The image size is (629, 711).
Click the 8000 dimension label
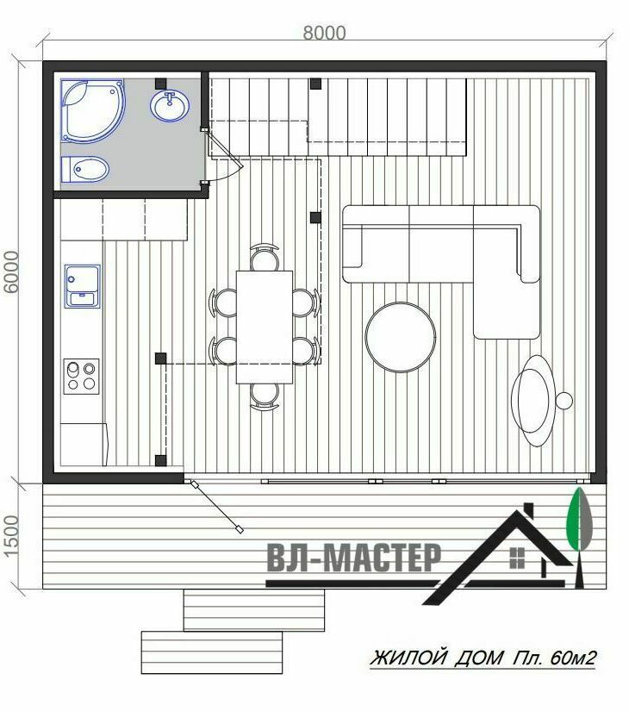324,33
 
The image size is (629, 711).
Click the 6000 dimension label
11,272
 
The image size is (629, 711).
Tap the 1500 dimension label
11,536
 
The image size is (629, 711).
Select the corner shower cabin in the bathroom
92,111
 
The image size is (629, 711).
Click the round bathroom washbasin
170,106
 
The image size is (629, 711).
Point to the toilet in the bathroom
85,170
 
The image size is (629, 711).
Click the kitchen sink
82,286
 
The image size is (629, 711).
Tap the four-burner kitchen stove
82,377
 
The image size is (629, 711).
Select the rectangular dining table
265,327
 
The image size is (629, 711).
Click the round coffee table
401,337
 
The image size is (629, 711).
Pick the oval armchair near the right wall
533,401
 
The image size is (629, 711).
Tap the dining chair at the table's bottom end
265,396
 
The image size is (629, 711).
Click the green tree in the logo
580,519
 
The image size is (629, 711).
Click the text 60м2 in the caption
573,658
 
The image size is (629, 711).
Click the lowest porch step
212,652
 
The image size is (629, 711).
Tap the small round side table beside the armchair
564,401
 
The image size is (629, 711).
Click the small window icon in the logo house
517,558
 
